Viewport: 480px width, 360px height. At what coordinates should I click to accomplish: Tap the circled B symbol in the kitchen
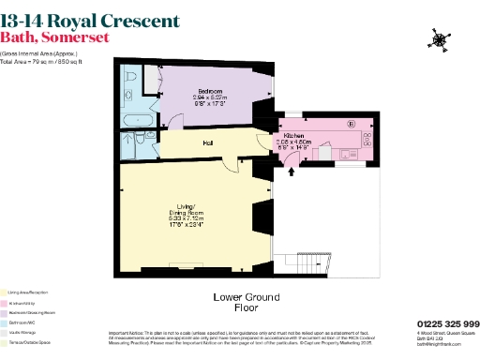(352, 124)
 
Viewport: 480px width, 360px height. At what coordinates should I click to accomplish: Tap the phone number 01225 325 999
(446, 324)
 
